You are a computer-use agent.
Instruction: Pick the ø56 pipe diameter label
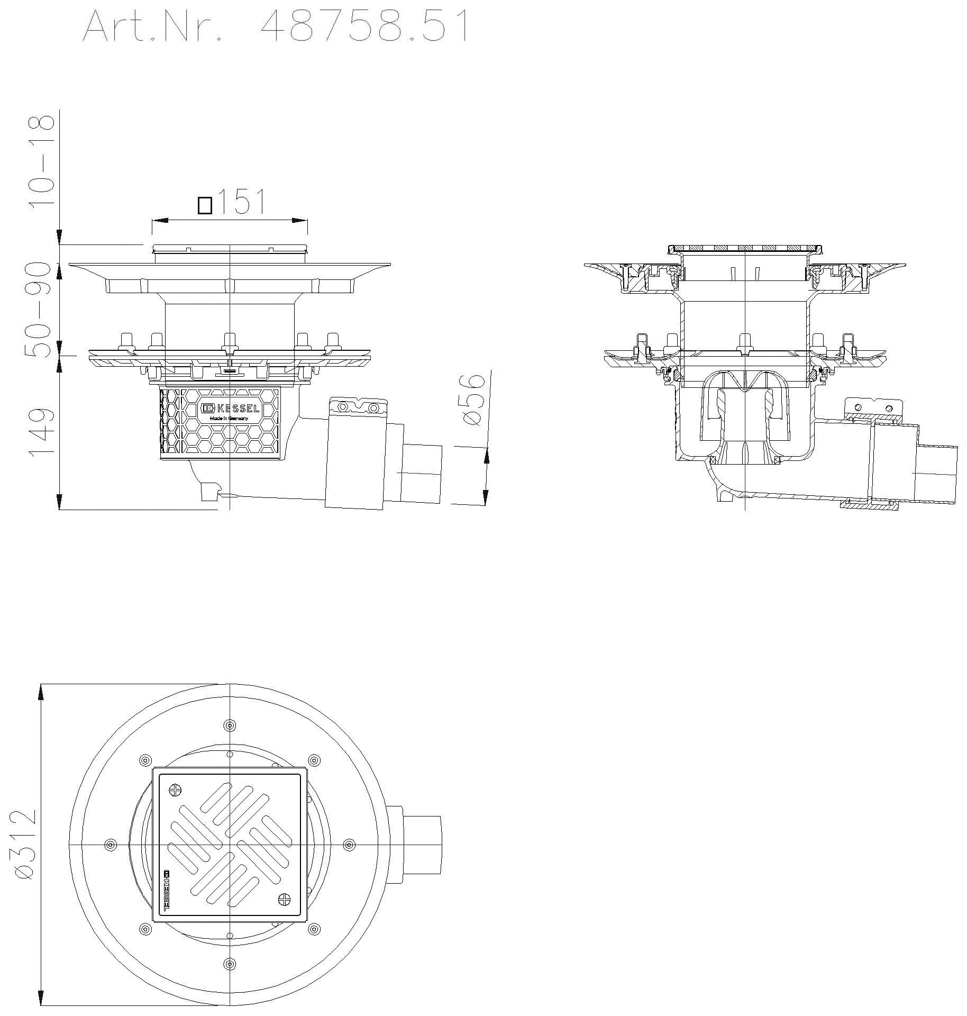(472, 400)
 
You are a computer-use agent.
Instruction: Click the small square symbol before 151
(205, 205)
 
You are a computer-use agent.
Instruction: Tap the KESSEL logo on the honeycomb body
(230, 409)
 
